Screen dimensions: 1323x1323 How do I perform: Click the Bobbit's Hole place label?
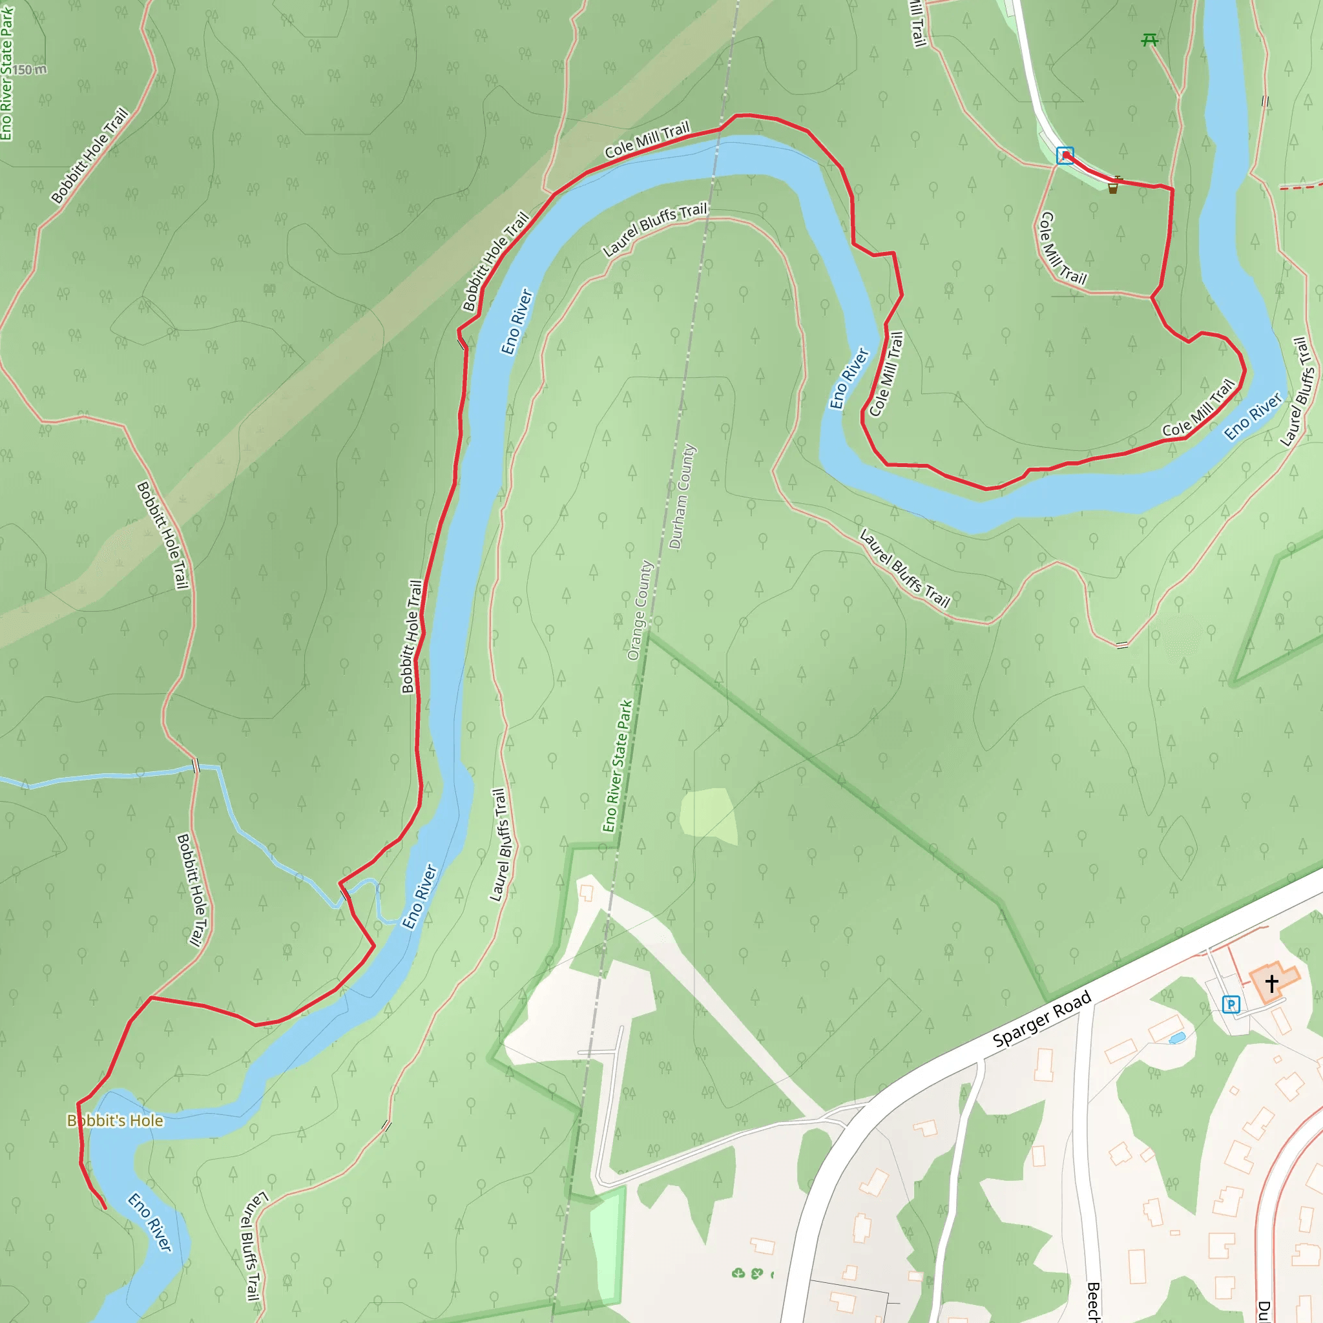coord(115,1121)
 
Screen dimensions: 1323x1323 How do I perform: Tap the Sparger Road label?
coord(1041,1020)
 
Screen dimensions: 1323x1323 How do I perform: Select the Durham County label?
coord(682,497)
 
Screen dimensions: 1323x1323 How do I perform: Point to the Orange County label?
coord(640,610)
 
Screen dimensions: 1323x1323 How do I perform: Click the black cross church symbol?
coord(1271,984)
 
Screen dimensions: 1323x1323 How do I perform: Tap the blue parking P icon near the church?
coord(1231,1005)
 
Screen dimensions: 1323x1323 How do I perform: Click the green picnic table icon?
coord(1150,41)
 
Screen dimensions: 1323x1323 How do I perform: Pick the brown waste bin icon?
coord(1113,187)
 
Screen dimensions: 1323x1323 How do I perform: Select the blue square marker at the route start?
coord(1065,156)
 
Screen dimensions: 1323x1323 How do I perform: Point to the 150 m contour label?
coord(29,70)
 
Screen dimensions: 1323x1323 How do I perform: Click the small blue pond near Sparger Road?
coord(1177,1039)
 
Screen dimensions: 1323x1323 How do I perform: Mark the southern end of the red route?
coord(105,1208)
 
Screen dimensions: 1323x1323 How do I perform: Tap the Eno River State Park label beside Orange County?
coord(618,766)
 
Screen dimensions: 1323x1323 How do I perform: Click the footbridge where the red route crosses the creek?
coord(345,893)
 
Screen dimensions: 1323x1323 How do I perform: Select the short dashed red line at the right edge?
coord(1300,186)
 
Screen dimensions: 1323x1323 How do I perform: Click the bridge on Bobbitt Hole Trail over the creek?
coord(196,766)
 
